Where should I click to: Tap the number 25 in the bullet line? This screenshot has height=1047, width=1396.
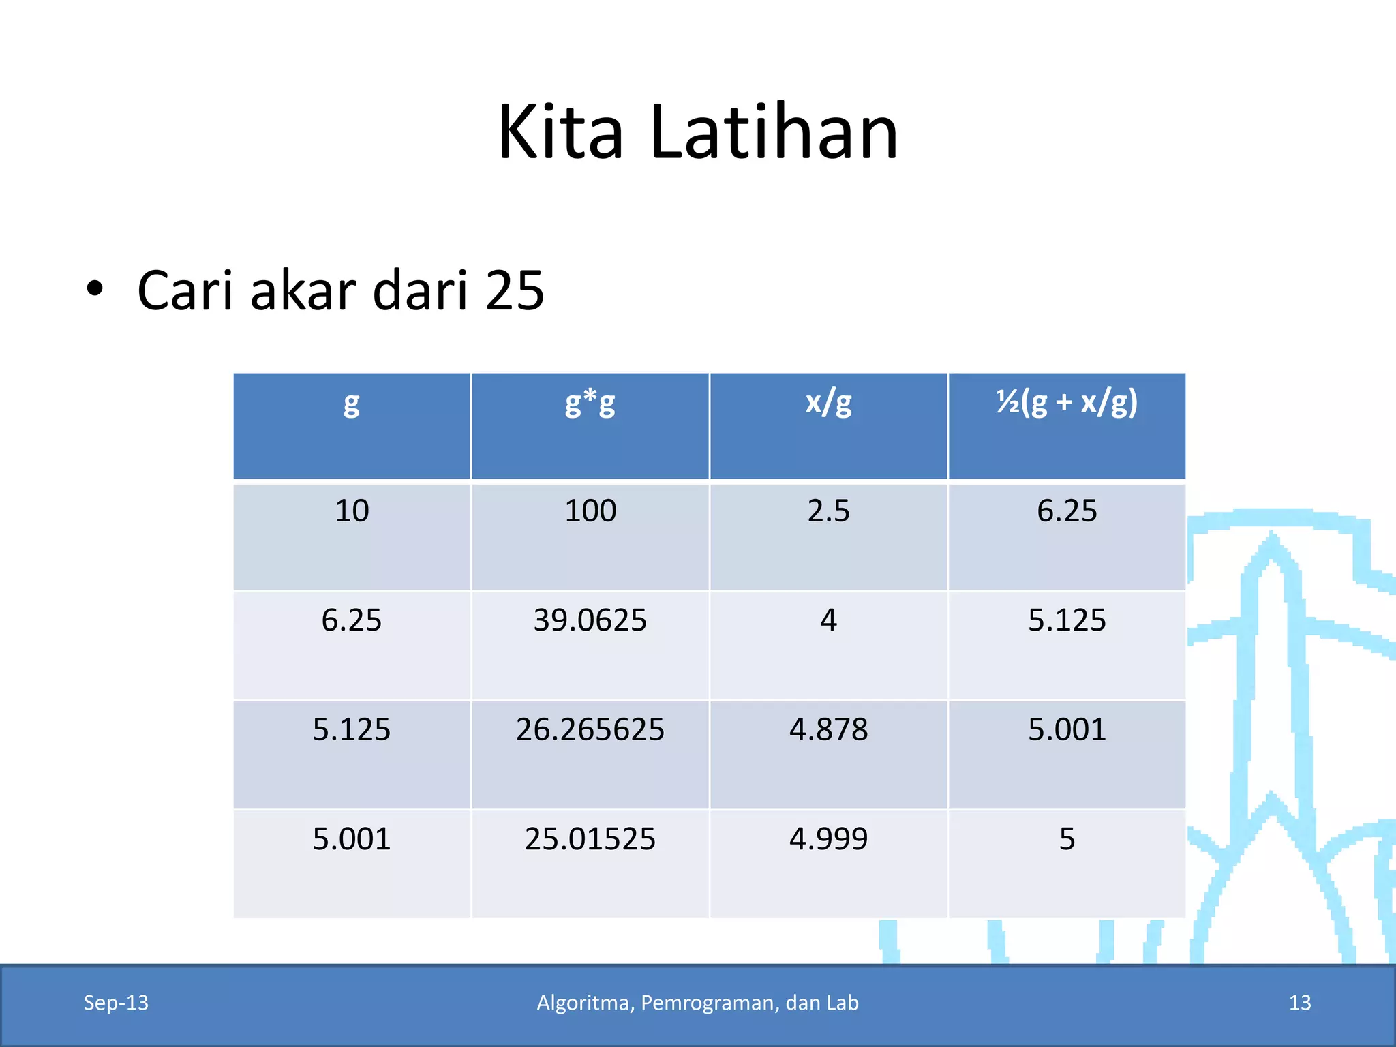point(515,290)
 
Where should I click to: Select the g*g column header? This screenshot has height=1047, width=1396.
point(590,403)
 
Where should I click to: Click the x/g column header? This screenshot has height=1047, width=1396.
point(828,403)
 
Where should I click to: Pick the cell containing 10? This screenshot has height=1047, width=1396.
point(352,511)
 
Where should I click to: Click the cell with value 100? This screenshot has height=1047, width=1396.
point(590,511)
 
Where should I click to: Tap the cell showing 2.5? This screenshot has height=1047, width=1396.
point(828,511)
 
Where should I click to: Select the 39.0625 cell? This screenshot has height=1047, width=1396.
point(590,620)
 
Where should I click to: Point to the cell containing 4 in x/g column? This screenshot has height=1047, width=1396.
point(828,620)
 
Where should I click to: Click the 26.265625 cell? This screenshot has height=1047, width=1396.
point(590,729)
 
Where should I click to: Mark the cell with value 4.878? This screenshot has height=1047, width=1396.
point(828,729)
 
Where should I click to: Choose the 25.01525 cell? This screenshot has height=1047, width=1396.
point(590,838)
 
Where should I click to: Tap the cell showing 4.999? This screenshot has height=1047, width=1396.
point(828,838)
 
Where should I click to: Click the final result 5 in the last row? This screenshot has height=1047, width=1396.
point(1067,838)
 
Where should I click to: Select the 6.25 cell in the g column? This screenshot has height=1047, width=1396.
point(352,620)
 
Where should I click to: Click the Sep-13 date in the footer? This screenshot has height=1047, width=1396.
point(116,1003)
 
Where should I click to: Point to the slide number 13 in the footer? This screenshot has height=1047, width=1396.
point(1300,1003)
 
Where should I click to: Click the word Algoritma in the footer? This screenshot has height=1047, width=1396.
point(586,1003)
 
